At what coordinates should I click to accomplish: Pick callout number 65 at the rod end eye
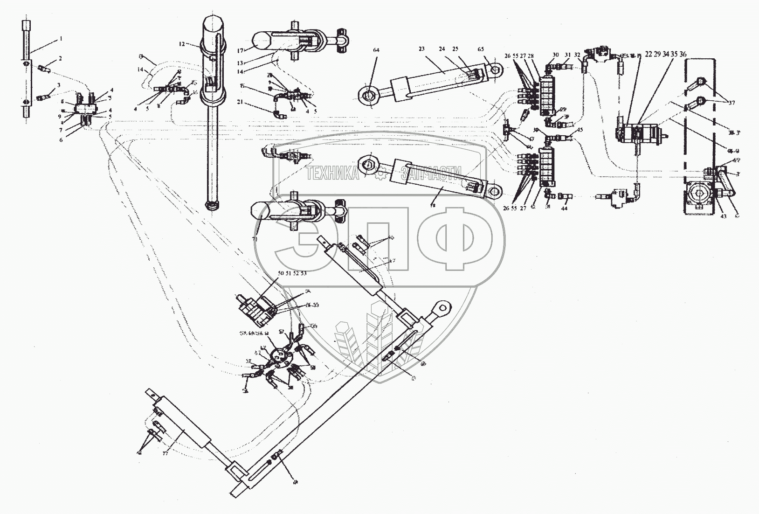click(x=494, y=49)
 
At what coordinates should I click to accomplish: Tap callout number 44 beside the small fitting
click(x=564, y=208)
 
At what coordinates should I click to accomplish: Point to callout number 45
click(x=580, y=130)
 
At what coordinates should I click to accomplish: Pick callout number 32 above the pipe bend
click(x=578, y=55)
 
